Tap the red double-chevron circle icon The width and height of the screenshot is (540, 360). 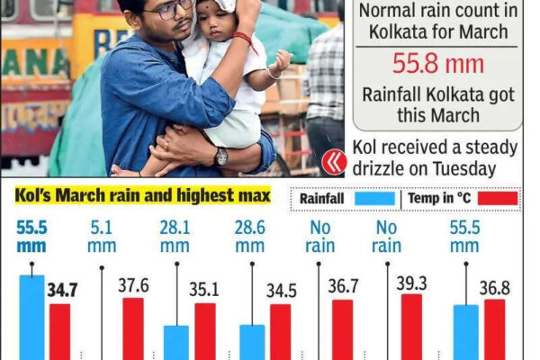click(334, 160)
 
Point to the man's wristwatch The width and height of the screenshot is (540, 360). click(221, 156)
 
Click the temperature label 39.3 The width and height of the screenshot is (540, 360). click(411, 283)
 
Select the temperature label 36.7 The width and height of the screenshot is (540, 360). click(342, 286)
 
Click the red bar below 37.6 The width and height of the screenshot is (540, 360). click(132, 328)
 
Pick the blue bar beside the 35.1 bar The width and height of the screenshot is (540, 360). click(176, 343)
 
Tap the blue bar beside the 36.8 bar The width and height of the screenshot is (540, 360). click(466, 332)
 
